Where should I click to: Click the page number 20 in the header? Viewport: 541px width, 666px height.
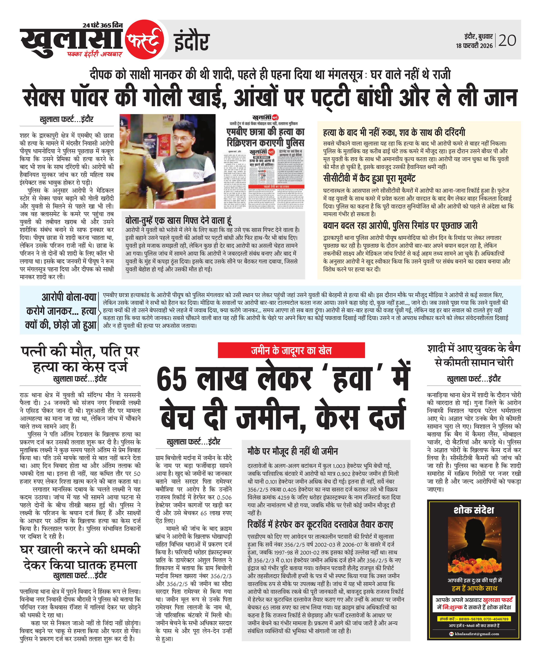507,40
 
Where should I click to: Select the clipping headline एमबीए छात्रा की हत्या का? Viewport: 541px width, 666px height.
266,132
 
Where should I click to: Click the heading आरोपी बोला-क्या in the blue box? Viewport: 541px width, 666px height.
69,297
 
